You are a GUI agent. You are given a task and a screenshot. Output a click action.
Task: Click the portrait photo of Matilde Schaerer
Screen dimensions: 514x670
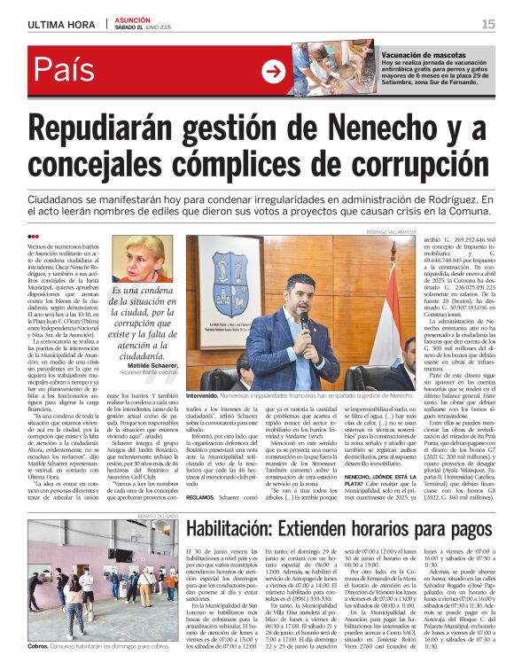141,257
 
